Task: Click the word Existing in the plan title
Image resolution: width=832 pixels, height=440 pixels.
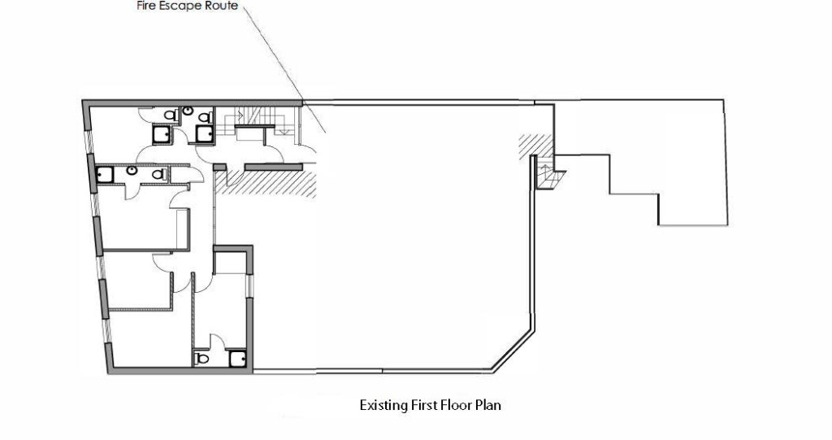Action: point(383,404)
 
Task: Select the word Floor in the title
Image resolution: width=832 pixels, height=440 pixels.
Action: point(458,404)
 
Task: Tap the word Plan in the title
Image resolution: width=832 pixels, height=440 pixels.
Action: point(489,404)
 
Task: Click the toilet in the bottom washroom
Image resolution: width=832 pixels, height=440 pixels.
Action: point(202,358)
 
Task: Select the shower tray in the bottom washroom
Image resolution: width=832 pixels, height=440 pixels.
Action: point(238,358)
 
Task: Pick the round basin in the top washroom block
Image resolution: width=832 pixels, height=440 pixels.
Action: point(188,111)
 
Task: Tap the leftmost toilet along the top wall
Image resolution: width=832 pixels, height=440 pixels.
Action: point(171,115)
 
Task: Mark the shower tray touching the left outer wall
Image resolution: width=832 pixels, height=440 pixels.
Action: point(104,173)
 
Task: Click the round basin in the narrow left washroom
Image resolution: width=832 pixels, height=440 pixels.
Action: point(132,171)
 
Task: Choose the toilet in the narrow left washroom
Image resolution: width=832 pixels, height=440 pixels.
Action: point(158,173)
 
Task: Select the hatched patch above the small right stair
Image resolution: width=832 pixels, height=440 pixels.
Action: point(532,146)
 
